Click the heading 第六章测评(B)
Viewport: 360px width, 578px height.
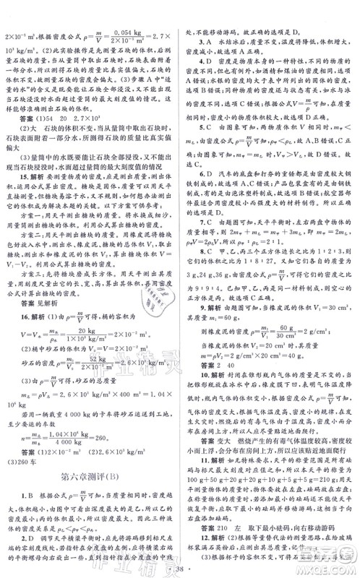point(90,435)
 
